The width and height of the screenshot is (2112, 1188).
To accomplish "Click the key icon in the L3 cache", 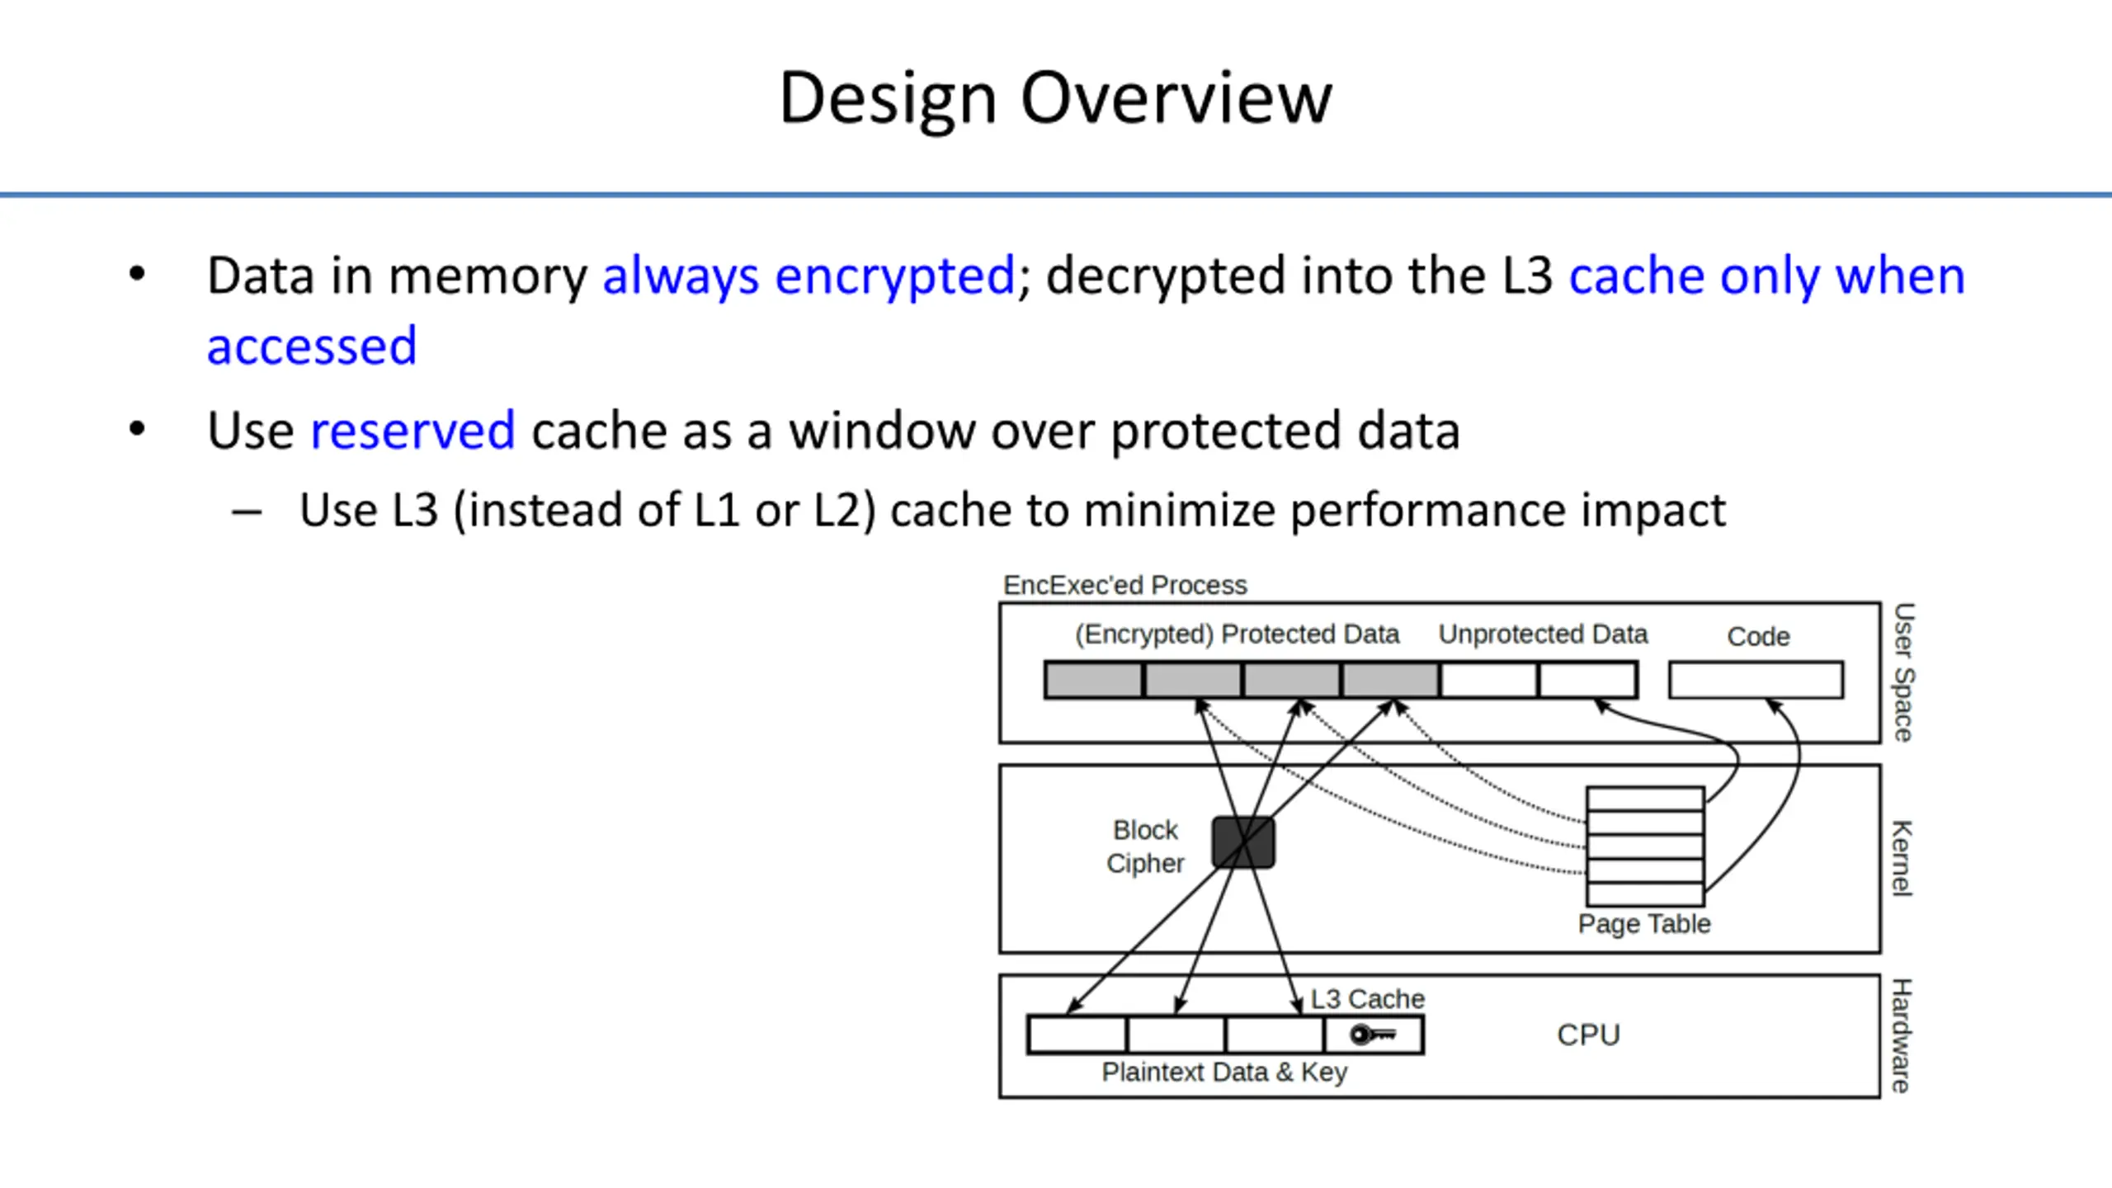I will (x=1373, y=1035).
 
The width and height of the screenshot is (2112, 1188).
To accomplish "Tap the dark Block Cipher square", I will (x=1243, y=842).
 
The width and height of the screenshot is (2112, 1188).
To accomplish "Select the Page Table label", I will (x=1643, y=924).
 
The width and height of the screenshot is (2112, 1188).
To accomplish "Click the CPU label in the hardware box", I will (x=1588, y=1035).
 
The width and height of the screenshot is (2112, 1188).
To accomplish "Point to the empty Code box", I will (x=1756, y=680).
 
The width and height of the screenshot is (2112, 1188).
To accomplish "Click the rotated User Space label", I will (x=1902, y=672).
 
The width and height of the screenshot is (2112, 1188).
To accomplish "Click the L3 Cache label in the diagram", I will (x=1367, y=999).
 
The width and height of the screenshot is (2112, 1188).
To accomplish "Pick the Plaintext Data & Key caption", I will (x=1224, y=1072).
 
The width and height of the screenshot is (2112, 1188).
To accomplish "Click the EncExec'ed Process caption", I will (x=1124, y=585).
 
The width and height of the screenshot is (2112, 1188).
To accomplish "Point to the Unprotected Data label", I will (x=1543, y=634).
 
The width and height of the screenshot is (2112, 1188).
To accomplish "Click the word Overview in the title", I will (x=1176, y=98).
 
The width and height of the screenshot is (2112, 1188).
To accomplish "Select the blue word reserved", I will (x=412, y=431).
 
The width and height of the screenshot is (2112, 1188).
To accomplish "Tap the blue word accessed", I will (x=312, y=346).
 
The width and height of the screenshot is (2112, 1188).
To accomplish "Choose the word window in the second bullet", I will (x=881, y=431).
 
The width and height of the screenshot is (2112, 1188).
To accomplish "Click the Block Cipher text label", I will (x=1145, y=846).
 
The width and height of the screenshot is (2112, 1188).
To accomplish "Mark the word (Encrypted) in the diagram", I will (x=1143, y=634).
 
